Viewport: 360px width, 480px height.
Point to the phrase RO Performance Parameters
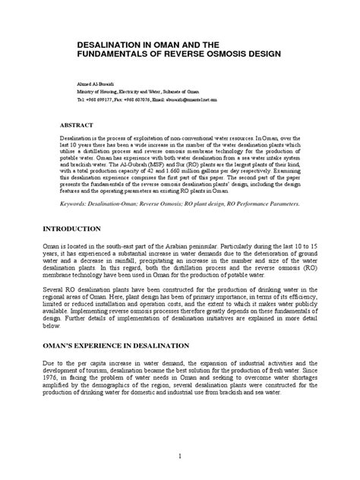click(x=261, y=204)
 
